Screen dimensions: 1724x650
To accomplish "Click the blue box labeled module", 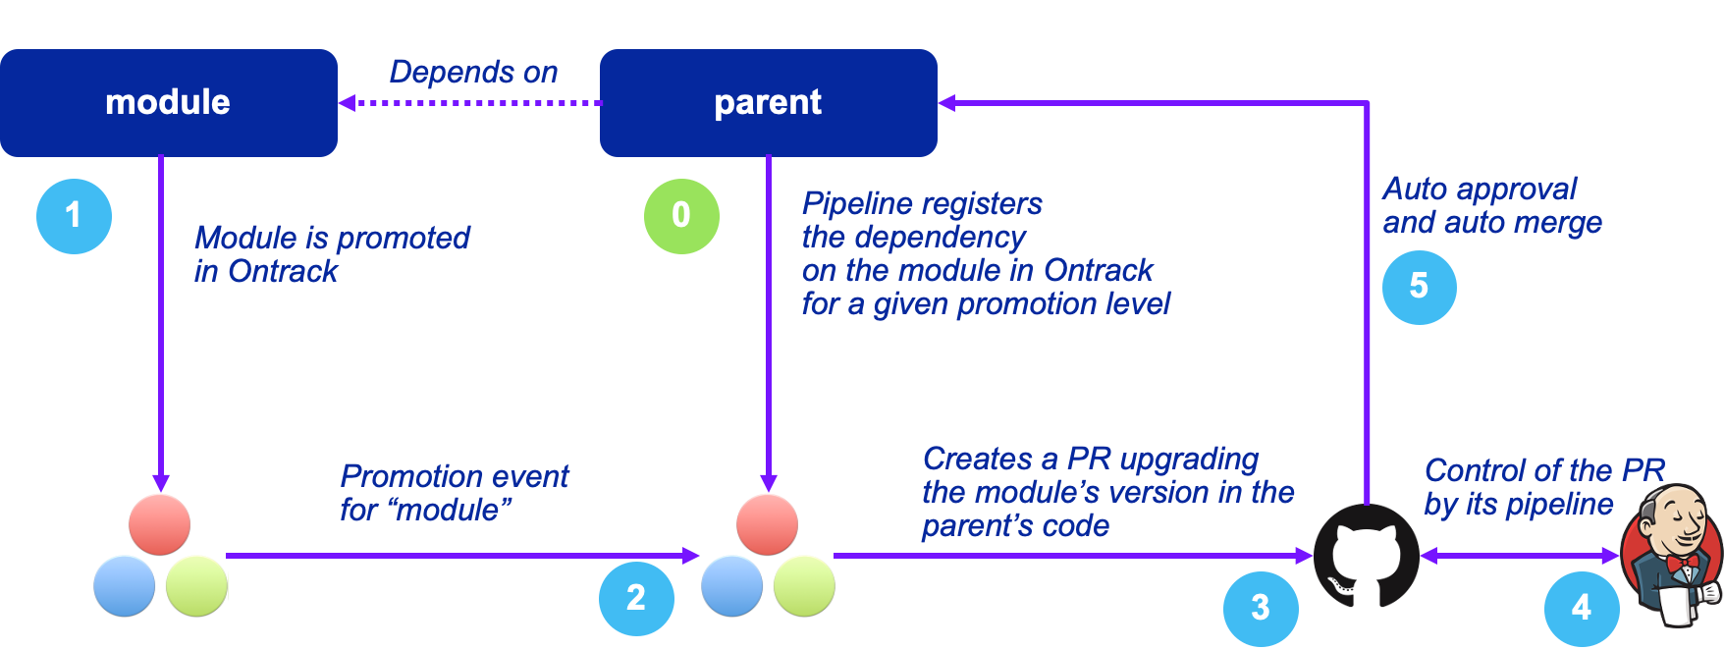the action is [169, 103].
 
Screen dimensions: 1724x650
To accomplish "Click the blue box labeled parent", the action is [769, 103].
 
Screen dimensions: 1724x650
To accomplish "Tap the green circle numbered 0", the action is [681, 216].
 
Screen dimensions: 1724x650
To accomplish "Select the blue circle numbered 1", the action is [74, 216].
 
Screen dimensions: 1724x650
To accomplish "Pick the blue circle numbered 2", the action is [636, 598].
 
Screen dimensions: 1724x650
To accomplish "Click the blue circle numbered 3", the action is [1261, 609].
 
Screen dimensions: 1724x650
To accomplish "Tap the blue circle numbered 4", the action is [1582, 609].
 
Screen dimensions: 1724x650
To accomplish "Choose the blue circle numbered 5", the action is [1420, 287].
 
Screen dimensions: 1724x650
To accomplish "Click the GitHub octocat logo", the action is [1367, 556].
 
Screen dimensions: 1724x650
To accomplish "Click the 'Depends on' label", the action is [473, 72].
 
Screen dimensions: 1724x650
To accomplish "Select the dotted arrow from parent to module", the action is [469, 102].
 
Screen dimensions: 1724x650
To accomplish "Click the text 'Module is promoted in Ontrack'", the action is [332, 254].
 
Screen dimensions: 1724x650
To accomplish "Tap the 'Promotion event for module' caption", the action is [454, 493].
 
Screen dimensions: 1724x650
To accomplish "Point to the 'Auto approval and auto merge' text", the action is [1492, 205].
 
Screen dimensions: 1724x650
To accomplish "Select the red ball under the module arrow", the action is [159, 525].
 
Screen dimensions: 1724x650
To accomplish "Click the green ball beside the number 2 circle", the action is [804, 586].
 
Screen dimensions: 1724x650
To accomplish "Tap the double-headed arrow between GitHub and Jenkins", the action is [1520, 556].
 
